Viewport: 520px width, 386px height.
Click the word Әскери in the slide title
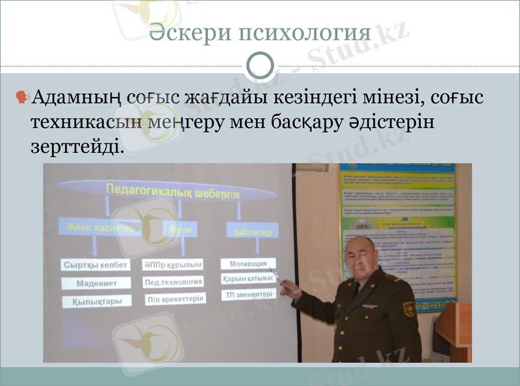(189, 33)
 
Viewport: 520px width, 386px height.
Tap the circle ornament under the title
(261, 65)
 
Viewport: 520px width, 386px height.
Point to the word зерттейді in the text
(75, 147)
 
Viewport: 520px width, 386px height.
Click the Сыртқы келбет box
(96, 266)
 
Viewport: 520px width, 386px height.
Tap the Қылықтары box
(96, 301)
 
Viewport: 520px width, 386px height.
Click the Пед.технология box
(173, 282)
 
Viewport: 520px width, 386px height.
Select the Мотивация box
(248, 264)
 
